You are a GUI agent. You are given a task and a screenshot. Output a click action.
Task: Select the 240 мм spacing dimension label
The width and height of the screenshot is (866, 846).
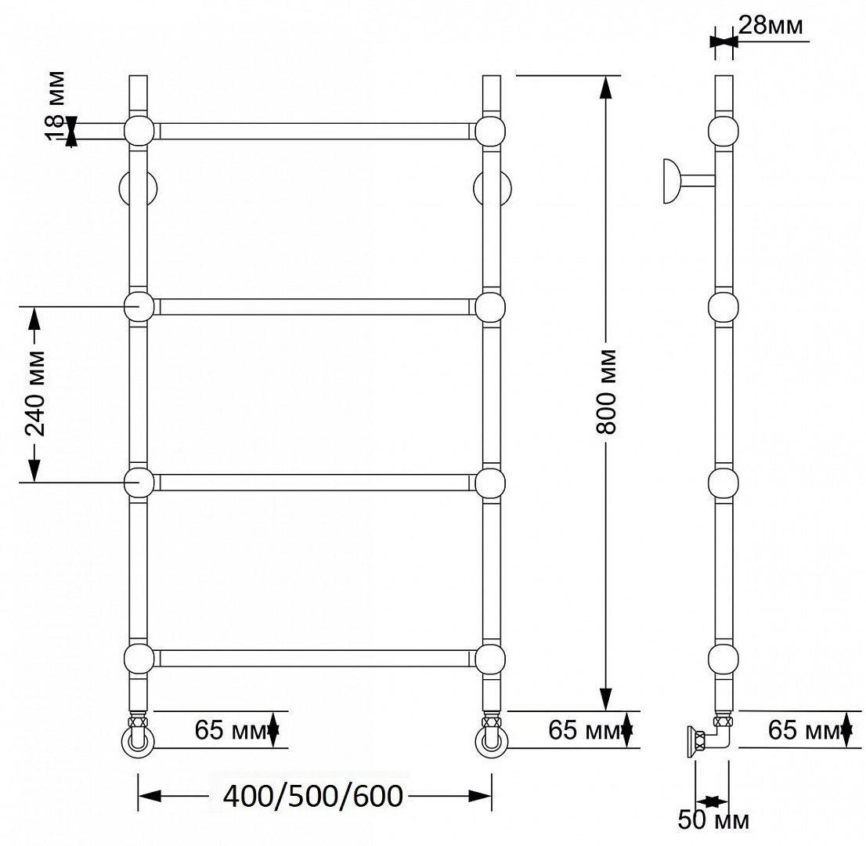pos(36,393)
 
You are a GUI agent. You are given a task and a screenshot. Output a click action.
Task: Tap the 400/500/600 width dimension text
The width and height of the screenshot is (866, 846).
pos(313,797)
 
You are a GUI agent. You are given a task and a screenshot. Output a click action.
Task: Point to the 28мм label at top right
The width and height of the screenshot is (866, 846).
pos(770,25)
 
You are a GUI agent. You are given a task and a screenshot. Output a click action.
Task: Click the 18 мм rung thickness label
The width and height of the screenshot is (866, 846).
pos(56,106)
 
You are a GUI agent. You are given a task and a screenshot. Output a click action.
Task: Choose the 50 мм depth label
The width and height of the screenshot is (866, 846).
pos(713,819)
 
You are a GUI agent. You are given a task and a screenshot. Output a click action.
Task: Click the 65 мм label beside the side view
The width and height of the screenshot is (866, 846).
pos(803,730)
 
